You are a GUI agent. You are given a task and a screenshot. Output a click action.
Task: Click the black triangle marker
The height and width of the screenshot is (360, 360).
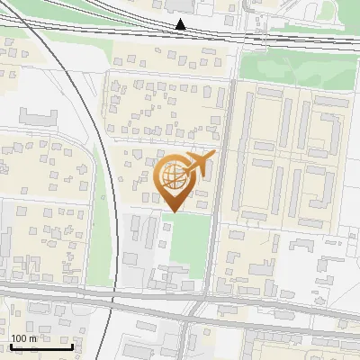coord(181,24)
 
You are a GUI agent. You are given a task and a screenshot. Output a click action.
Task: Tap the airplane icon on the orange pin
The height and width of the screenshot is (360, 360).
coord(198,164)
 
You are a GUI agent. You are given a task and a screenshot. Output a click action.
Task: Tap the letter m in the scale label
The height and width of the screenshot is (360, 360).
coord(33,338)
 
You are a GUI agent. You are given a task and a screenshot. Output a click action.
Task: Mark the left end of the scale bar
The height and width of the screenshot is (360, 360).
coord(11,346)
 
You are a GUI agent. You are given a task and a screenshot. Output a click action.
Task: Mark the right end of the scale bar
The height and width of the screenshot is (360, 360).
coord(72,346)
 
